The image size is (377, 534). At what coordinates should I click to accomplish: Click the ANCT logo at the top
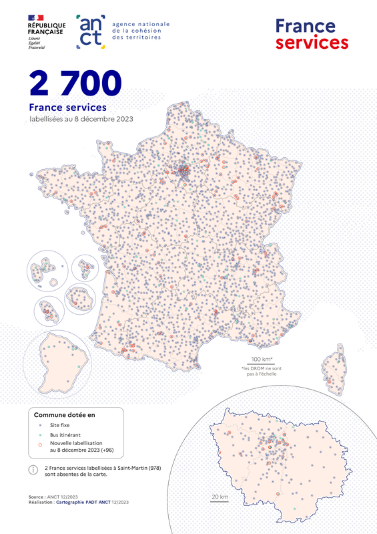(x=91, y=31)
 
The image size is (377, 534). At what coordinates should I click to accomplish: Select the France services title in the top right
(x=312, y=34)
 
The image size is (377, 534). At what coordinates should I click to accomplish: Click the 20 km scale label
(x=220, y=497)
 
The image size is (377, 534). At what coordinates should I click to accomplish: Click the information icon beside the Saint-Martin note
(x=33, y=470)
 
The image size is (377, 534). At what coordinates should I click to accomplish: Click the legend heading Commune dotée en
(x=65, y=414)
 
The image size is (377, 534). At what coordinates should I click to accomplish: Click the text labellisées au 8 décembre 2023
(x=81, y=119)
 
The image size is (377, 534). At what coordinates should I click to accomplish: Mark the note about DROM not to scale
(x=259, y=371)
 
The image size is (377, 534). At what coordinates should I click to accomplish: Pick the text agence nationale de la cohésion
(x=141, y=31)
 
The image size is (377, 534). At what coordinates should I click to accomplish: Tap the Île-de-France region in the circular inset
(x=274, y=460)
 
